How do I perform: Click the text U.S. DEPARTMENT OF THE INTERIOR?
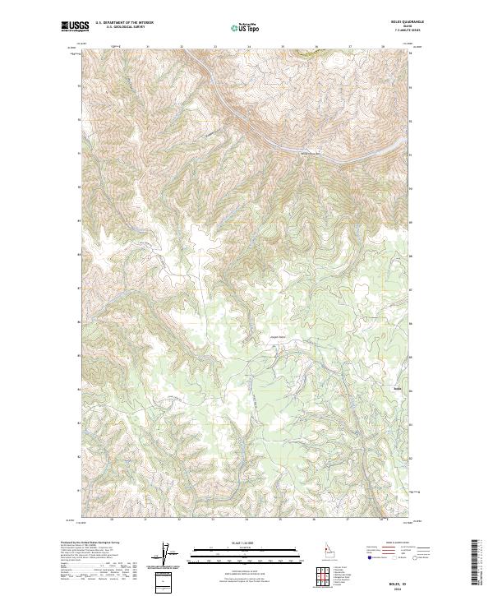click(124, 24)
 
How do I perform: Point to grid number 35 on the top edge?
click(283, 47)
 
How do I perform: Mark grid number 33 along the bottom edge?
click(213, 520)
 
